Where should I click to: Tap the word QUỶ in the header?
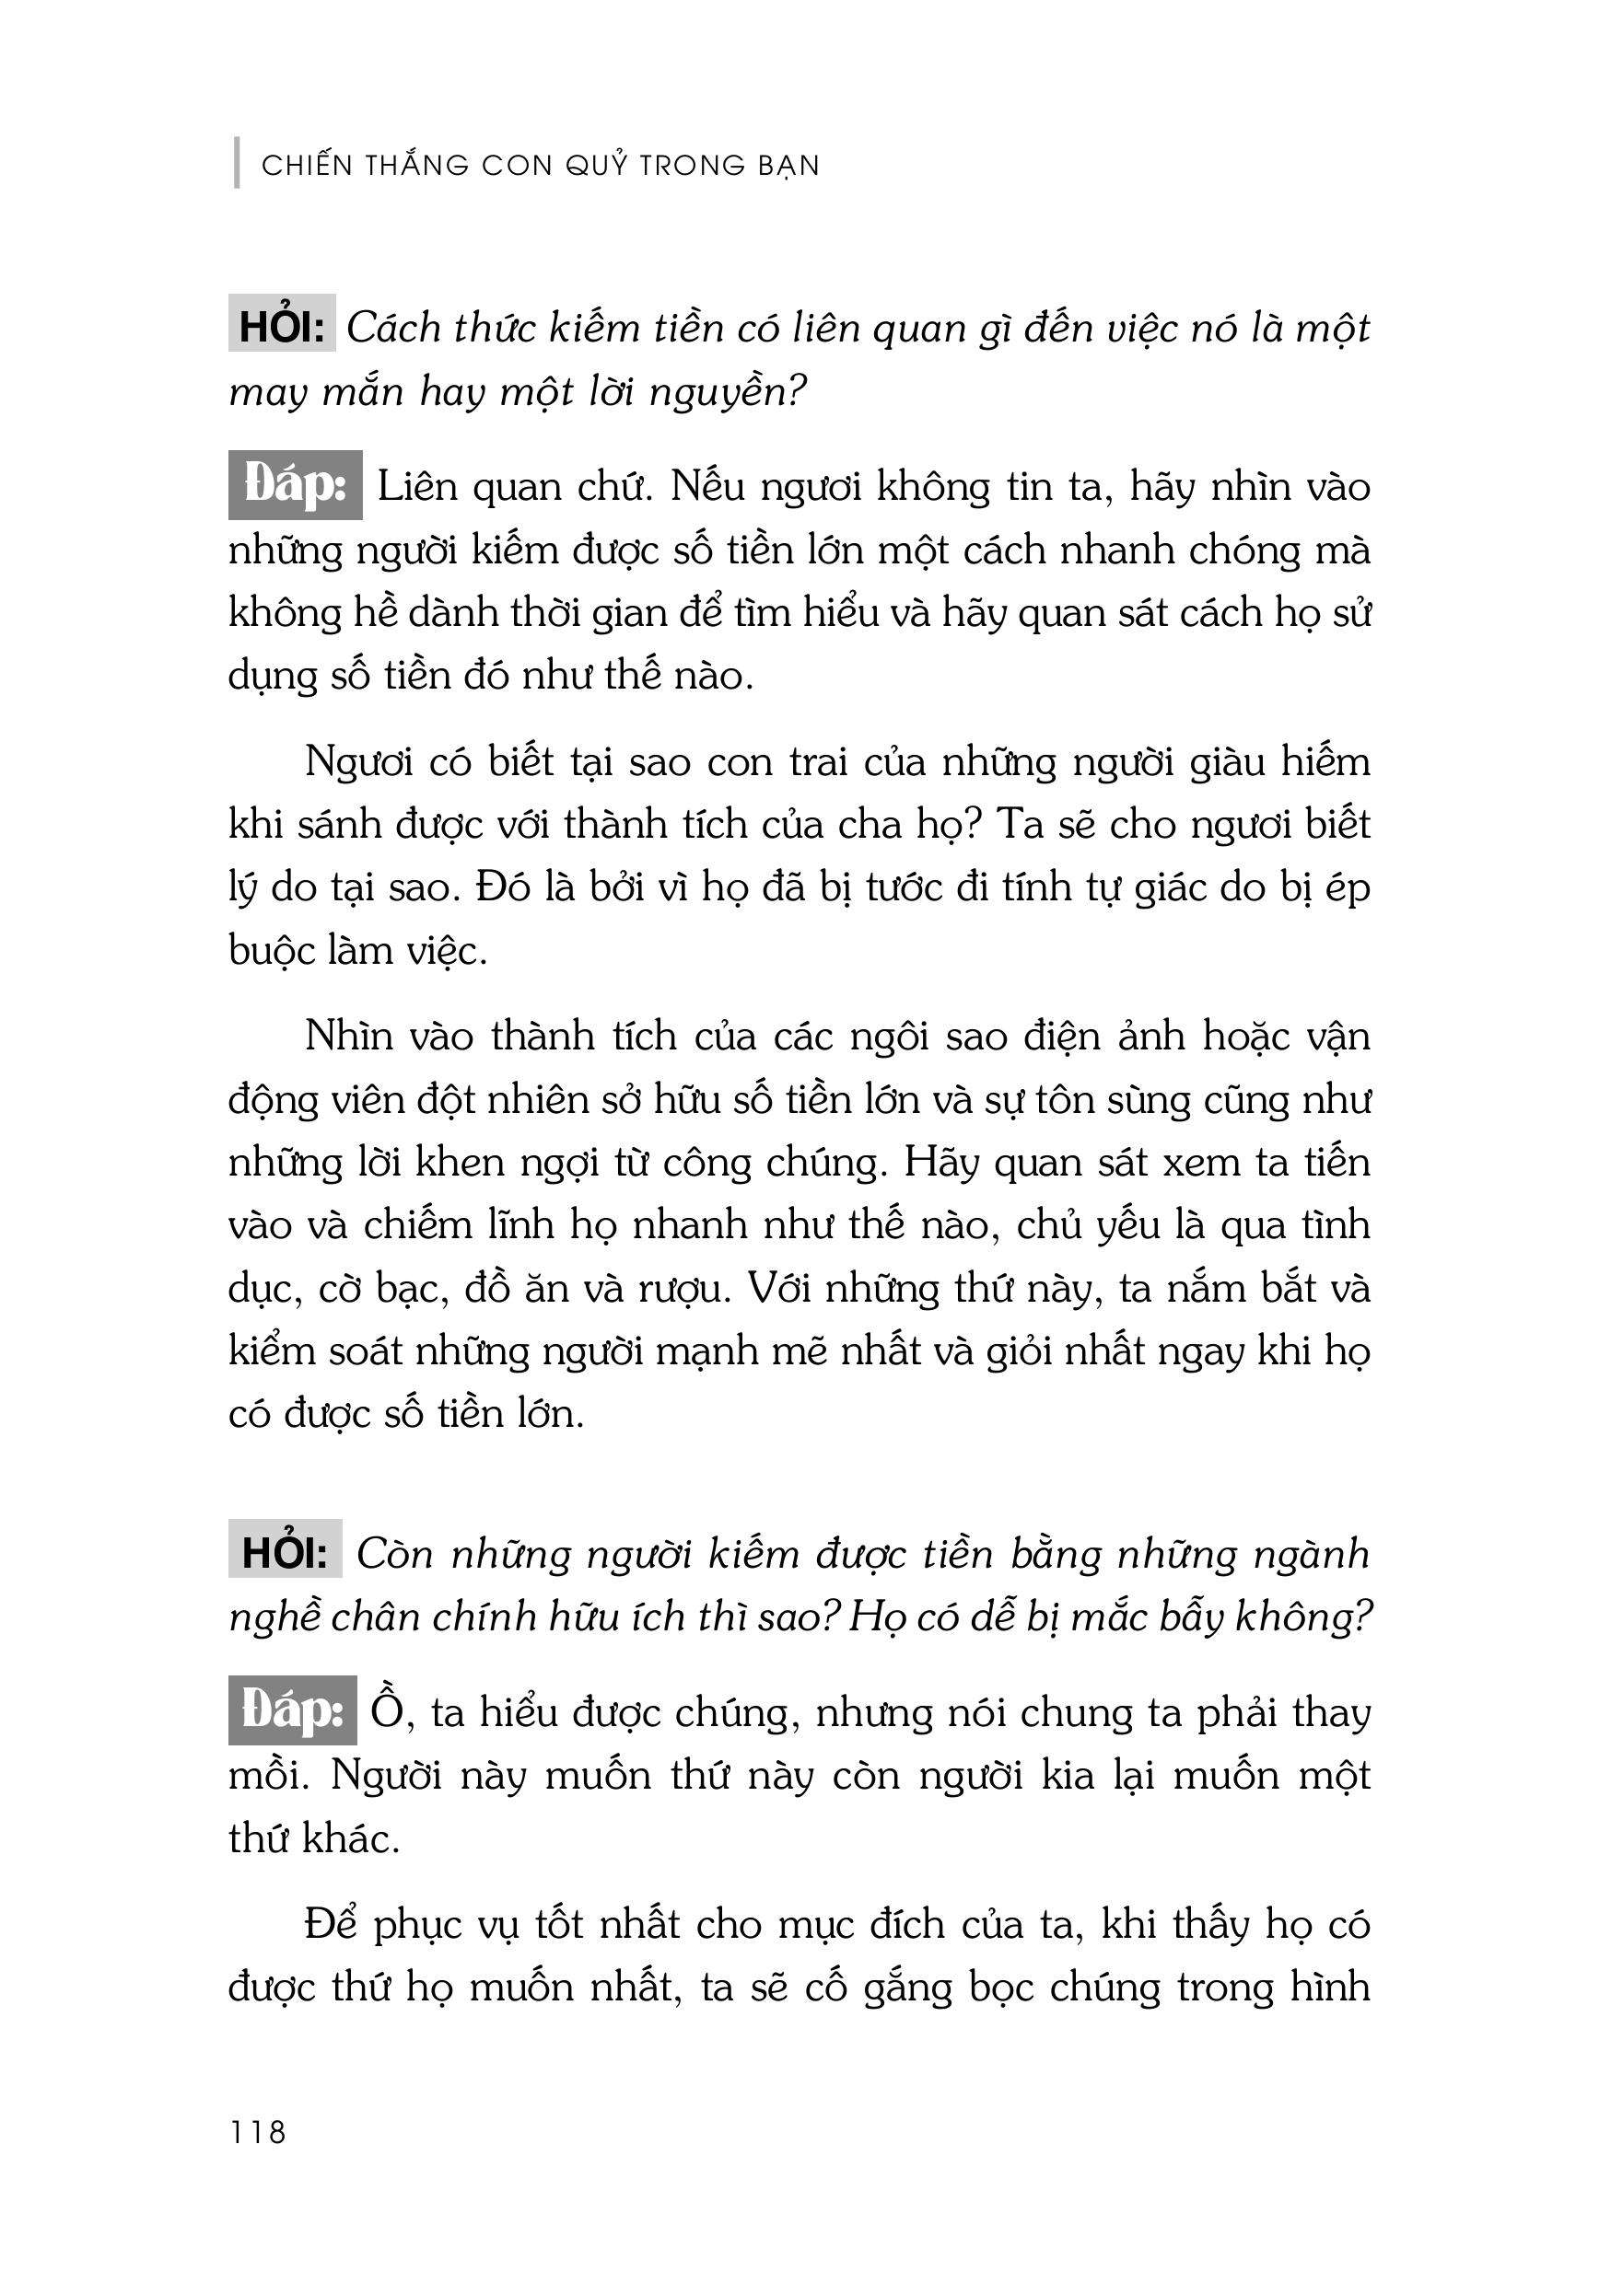tap(597, 165)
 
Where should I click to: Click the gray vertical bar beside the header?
tap(237, 163)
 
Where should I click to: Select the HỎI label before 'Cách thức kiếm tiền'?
tap(281, 327)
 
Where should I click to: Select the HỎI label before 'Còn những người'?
tap(284, 1552)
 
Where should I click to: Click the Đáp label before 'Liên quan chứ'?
tap(295, 486)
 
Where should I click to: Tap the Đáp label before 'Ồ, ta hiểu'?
tap(292, 1710)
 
